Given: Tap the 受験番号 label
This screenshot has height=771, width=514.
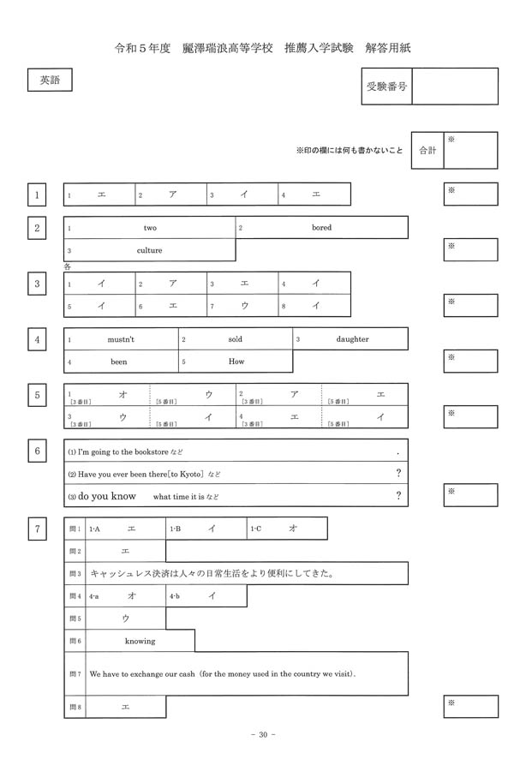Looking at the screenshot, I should (385, 87).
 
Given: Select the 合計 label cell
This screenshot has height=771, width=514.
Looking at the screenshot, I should (427, 150).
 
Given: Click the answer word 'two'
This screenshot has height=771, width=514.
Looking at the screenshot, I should (150, 228).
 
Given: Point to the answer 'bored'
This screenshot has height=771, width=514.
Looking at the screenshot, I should (321, 228).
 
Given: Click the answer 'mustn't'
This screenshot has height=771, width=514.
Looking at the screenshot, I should (121, 339).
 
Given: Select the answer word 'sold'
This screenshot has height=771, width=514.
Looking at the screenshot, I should (236, 339).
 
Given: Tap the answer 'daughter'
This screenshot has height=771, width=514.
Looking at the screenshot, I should (352, 339).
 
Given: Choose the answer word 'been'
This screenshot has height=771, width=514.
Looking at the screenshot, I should (119, 362).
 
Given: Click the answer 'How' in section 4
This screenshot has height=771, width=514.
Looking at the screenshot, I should (236, 362).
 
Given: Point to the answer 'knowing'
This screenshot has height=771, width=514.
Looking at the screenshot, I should (140, 641).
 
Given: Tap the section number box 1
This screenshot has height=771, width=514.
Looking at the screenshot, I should (37, 195).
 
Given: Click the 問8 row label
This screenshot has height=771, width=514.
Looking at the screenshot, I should (75, 707).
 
